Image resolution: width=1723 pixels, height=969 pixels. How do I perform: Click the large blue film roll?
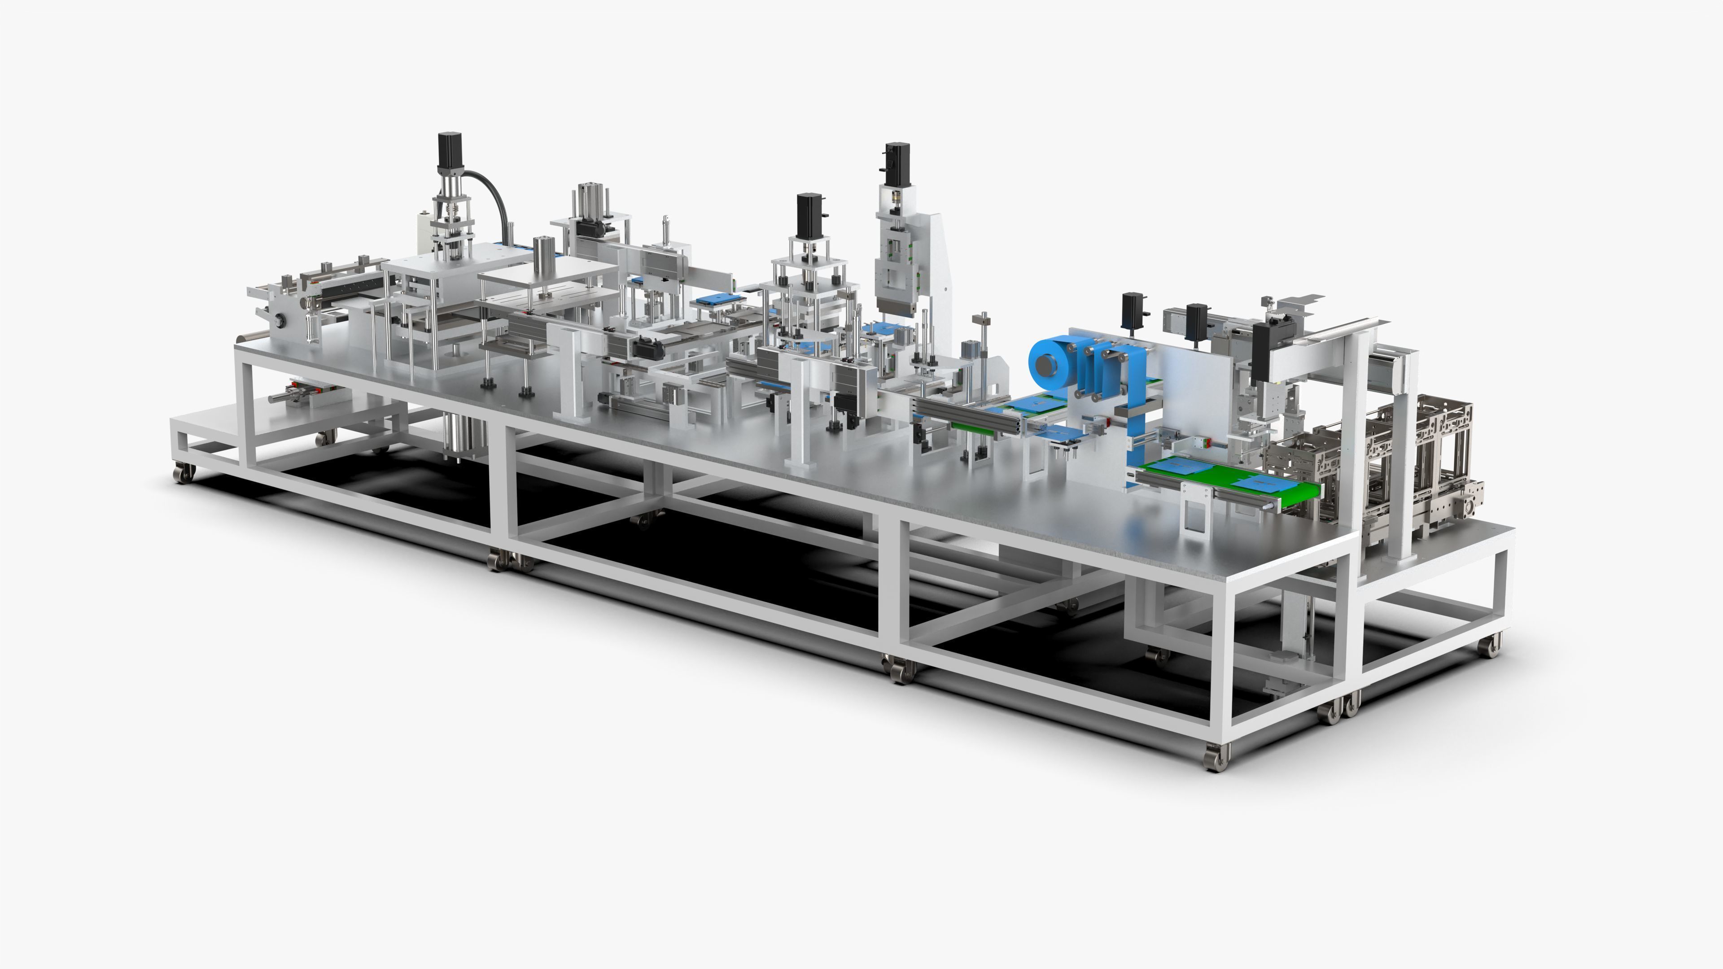(1050, 364)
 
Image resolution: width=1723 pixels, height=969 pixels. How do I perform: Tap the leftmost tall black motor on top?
(447, 151)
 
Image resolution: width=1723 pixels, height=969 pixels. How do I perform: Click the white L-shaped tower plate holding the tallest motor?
(936, 267)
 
